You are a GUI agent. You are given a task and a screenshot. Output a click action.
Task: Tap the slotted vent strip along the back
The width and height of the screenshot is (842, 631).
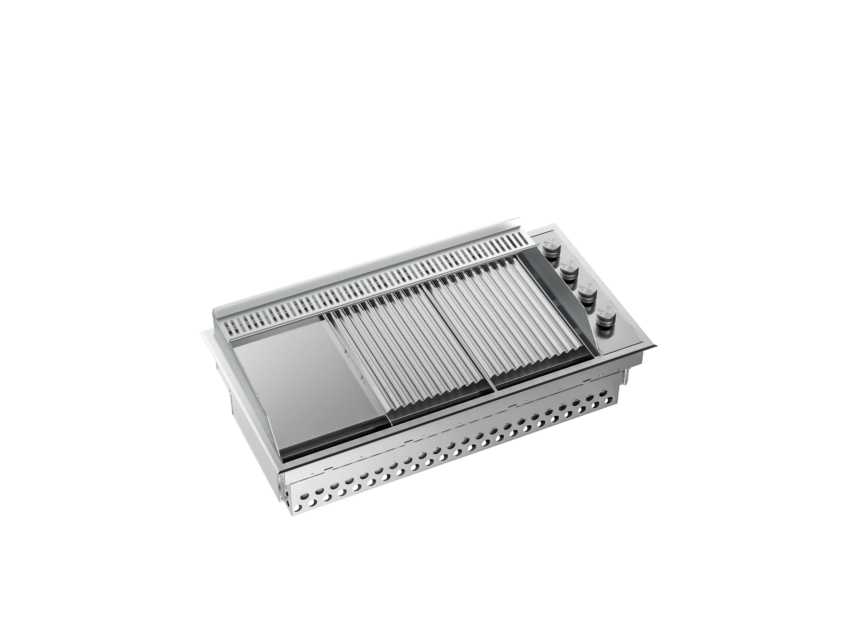[381, 289]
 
